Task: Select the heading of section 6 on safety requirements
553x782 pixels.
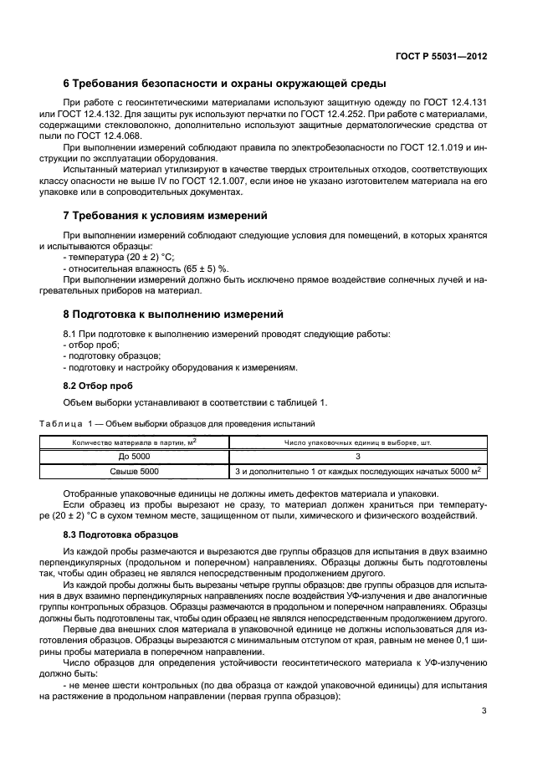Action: click(x=225, y=84)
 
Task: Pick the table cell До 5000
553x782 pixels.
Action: click(x=134, y=457)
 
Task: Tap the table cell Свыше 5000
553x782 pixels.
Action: click(x=134, y=472)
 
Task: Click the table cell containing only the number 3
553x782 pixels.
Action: click(x=357, y=457)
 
